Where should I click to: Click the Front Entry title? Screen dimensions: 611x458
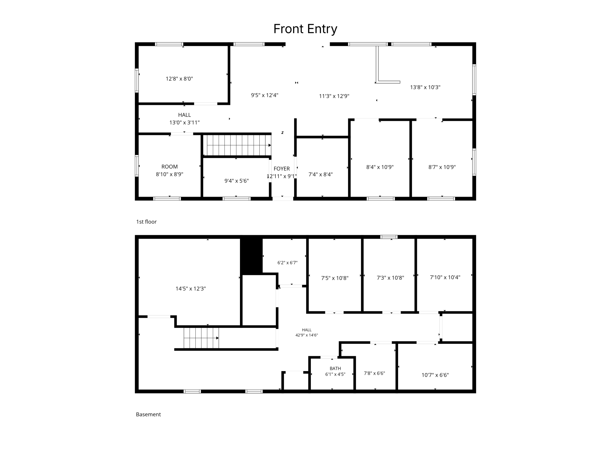click(305, 29)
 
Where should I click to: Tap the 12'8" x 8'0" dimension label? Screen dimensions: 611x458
click(179, 79)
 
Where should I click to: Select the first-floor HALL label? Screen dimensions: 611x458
click(184, 115)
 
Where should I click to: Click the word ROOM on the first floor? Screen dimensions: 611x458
click(169, 166)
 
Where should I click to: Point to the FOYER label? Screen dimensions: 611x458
click(282, 169)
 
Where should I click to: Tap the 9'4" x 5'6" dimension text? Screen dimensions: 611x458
click(236, 181)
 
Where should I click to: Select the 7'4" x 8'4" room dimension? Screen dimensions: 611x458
click(320, 174)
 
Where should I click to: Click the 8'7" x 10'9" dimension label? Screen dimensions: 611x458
click(442, 167)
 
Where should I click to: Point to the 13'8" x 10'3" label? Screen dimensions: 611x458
click(425, 87)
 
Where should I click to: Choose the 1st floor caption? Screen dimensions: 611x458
click(146, 222)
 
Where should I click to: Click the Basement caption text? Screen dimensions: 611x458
click(148, 414)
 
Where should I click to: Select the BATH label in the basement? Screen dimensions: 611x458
click(335, 368)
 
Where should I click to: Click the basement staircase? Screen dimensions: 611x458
click(202, 338)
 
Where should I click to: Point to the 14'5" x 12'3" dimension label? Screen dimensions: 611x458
click(191, 289)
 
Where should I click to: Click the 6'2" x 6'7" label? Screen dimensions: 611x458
click(287, 263)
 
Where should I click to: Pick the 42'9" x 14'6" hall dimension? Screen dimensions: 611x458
click(307, 335)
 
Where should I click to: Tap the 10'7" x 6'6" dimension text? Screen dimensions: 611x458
click(435, 375)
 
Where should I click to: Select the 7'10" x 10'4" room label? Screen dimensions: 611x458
click(445, 277)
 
